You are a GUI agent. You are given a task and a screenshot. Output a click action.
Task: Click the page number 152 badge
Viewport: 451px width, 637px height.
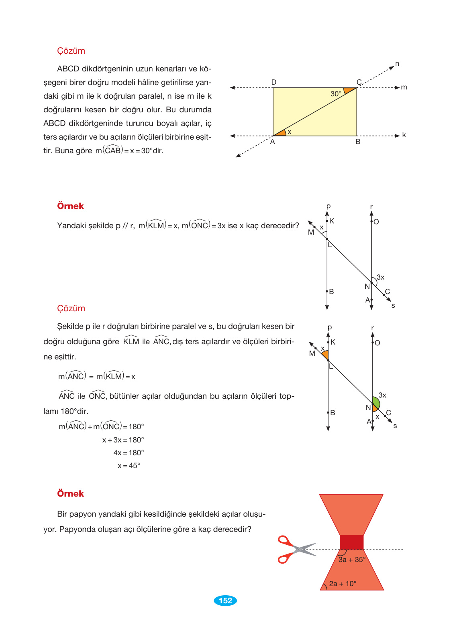coord(225,600)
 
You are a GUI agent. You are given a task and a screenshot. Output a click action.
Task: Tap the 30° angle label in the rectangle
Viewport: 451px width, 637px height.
coord(336,94)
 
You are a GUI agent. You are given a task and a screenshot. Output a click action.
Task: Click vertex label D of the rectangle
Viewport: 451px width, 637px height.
coord(274,82)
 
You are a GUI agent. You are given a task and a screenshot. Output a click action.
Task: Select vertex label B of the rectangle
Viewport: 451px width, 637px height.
coord(358,142)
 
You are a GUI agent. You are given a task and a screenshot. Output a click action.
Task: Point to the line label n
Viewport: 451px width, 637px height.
coord(397,64)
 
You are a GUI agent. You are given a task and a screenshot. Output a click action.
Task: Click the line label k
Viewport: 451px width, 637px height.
coord(404,135)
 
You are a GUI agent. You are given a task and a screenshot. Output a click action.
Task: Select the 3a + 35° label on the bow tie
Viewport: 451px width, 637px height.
coord(352,560)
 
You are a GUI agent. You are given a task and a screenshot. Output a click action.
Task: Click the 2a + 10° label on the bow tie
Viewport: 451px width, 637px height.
coord(343,584)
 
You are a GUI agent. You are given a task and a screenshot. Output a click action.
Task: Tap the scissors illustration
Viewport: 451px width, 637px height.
coord(295,549)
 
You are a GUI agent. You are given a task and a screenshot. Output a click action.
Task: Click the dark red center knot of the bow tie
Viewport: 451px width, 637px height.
coord(351,542)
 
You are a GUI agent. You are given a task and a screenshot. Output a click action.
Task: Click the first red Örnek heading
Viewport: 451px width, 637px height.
coord(70,206)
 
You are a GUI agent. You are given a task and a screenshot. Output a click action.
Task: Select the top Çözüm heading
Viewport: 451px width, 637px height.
coord(71,51)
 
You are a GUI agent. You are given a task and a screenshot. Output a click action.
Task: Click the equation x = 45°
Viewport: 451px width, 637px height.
coord(129,466)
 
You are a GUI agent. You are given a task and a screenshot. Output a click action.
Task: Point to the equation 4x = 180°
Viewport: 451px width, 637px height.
coord(129,453)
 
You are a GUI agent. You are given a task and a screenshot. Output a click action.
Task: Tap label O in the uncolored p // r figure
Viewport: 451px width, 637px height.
coord(376,222)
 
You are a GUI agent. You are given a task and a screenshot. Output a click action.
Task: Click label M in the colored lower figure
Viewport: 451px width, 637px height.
coord(312,353)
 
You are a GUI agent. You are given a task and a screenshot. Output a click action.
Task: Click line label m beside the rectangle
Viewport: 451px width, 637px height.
coord(404,87)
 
